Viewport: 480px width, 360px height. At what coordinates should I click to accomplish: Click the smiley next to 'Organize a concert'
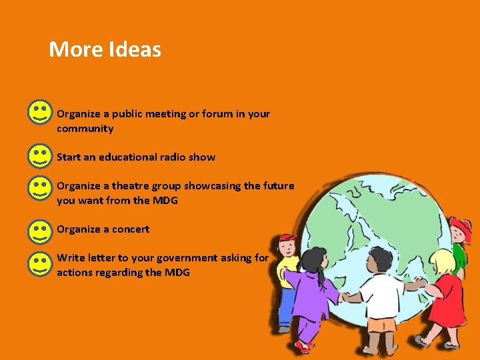[x=40, y=231]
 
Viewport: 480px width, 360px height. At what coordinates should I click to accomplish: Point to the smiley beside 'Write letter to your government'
[x=40, y=263]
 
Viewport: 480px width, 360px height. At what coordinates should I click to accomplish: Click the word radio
[x=172, y=157]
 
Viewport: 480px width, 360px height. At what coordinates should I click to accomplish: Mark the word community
[x=85, y=129]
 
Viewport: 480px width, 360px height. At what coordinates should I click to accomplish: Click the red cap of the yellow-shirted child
[x=288, y=239]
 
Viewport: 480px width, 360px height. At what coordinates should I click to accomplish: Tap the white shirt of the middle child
[x=382, y=293]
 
